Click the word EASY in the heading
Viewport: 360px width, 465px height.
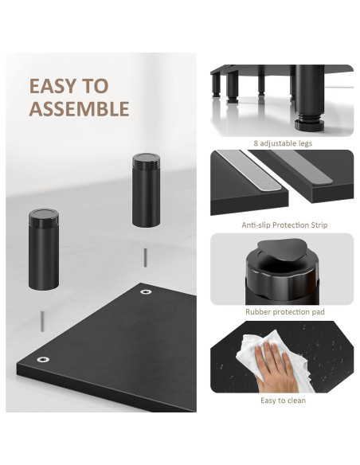(x=58, y=86)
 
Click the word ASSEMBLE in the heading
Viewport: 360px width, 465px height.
(x=79, y=109)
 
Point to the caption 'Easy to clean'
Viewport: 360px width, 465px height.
(x=284, y=400)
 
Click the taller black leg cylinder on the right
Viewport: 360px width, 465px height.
(x=147, y=193)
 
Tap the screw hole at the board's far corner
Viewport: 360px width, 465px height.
(x=146, y=292)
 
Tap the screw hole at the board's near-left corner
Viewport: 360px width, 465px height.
(x=41, y=360)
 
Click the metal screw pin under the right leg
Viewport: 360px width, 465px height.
(x=146, y=256)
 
